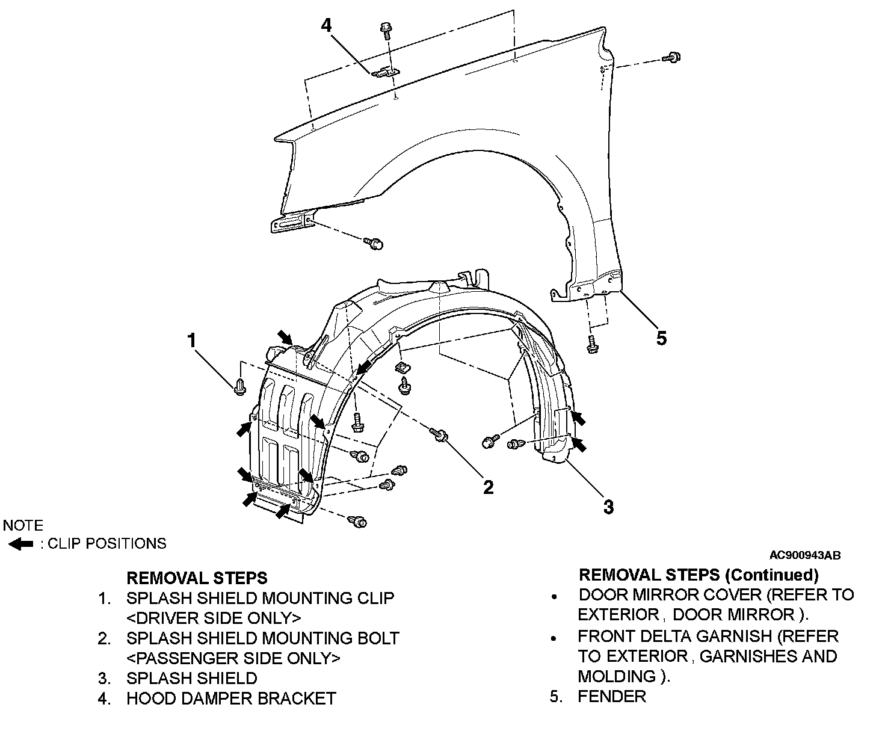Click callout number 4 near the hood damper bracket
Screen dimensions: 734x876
[325, 26]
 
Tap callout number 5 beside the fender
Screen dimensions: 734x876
[661, 338]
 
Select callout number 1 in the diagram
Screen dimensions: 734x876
[191, 341]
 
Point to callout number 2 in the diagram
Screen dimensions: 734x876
[489, 487]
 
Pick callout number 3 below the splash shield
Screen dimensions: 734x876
[608, 507]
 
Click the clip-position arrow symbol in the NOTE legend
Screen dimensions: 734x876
[22, 544]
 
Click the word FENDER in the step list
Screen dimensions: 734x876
[611, 697]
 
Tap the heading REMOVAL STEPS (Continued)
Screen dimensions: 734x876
[699, 575]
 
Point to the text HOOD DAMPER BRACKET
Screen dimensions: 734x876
[231, 699]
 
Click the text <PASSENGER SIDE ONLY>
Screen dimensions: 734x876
[233, 658]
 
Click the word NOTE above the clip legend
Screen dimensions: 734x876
[23, 525]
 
